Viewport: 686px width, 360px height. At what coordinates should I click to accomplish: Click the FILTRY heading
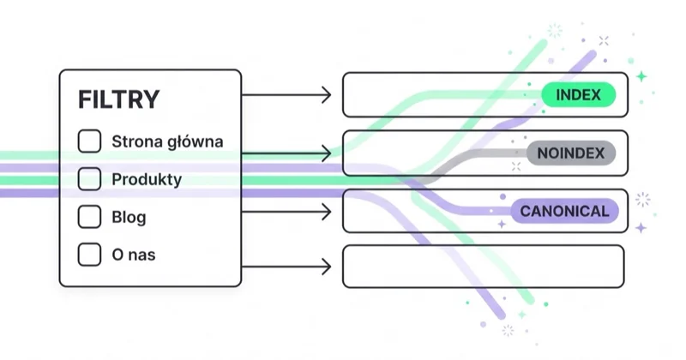point(118,99)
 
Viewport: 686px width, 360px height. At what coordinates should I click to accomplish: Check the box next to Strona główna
point(89,141)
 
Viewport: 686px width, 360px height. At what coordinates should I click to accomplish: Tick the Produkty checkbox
point(89,179)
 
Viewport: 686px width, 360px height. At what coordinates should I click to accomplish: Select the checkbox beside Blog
point(89,217)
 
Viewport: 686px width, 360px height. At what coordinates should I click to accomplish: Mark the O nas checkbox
point(89,255)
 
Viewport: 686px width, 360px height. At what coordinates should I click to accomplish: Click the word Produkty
point(147,179)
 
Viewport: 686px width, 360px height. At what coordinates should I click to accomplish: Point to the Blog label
point(129,217)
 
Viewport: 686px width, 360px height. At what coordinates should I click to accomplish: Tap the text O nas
point(134,255)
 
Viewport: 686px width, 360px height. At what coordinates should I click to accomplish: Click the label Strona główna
point(167,141)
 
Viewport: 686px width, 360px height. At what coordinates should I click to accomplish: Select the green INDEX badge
point(578,94)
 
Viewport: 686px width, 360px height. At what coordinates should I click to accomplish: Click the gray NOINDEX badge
point(571,153)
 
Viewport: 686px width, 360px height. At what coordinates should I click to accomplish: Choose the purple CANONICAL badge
point(564,211)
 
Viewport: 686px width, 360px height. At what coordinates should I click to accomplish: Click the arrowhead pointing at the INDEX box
point(327,94)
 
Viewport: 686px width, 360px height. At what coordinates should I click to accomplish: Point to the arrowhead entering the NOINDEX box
point(327,153)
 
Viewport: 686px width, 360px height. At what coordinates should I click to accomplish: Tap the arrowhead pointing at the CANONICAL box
point(327,213)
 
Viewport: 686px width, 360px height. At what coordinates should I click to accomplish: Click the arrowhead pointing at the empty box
point(327,267)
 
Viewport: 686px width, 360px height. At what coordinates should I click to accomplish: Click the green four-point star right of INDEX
point(641,76)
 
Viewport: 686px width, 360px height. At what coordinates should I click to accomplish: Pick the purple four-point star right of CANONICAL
point(641,228)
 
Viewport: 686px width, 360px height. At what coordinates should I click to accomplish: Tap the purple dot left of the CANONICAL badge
point(502,197)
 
